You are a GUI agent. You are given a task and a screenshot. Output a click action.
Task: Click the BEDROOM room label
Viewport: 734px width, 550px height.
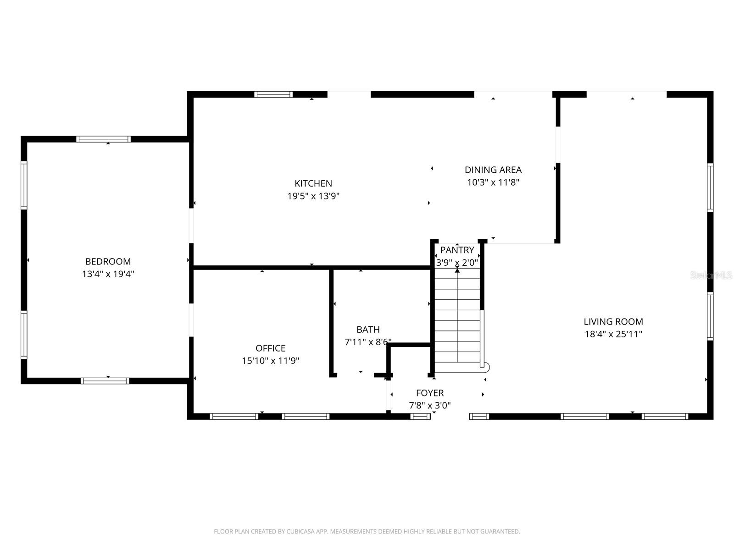[x=108, y=262]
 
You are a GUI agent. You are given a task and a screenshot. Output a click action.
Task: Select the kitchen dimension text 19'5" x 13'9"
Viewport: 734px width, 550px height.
[x=313, y=196]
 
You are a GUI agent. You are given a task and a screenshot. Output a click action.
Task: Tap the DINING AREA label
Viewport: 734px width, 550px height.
[x=493, y=170]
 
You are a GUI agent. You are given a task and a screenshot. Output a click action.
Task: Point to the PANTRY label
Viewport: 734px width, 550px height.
[x=457, y=250]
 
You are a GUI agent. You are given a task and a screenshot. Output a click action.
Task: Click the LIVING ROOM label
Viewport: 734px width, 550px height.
[x=613, y=322]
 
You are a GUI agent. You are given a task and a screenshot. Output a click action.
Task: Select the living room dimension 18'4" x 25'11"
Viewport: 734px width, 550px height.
[x=613, y=334]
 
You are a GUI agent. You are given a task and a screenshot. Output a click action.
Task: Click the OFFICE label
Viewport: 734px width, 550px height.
[x=271, y=348]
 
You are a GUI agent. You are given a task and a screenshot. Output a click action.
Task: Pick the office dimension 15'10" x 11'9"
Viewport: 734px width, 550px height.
[x=271, y=361]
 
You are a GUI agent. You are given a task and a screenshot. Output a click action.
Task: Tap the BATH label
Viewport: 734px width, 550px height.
[x=368, y=330]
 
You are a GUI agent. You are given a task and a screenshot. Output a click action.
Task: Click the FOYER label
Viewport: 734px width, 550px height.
[x=430, y=393]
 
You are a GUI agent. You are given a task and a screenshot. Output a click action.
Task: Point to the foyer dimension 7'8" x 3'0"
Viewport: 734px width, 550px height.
[x=430, y=406]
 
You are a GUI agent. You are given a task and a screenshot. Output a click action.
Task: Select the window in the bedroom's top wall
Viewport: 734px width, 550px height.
[x=104, y=139]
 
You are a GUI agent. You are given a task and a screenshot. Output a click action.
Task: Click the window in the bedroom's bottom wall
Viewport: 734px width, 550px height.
[x=105, y=381]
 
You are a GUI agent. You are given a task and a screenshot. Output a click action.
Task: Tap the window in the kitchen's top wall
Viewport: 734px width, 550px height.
[x=273, y=94]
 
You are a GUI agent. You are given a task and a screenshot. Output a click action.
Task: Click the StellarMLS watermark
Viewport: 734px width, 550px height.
[x=711, y=275]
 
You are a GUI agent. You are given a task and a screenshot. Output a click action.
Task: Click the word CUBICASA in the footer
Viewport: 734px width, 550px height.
[x=301, y=532]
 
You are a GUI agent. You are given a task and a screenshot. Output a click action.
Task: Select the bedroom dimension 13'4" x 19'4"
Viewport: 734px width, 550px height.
[x=108, y=274]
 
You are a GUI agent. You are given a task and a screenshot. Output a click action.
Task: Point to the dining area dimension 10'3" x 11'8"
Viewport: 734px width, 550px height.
[x=493, y=182]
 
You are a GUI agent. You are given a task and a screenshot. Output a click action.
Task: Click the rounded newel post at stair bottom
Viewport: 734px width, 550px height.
[x=486, y=366]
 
